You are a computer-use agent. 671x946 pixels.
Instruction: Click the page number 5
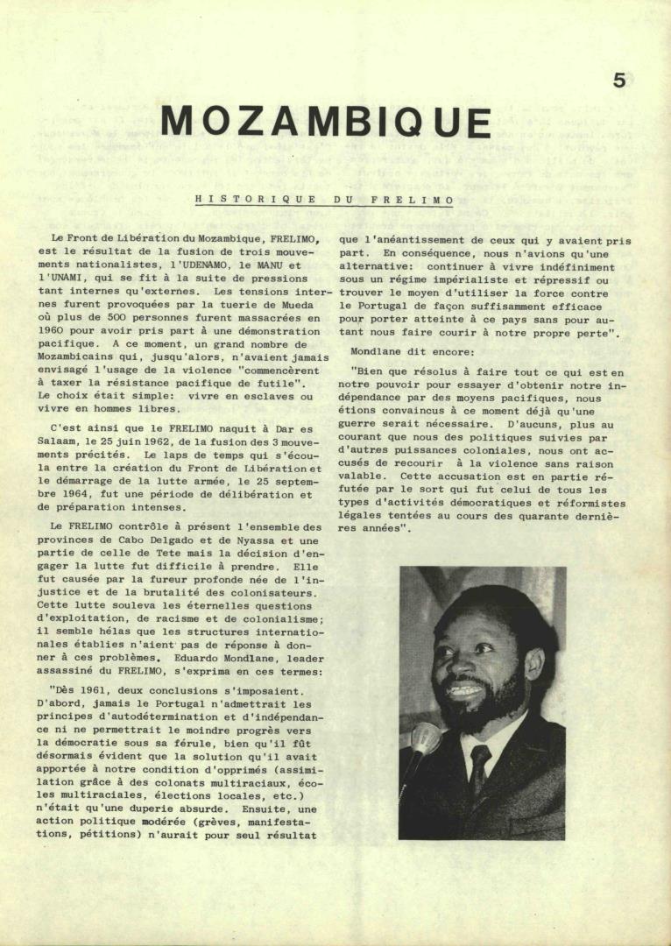619,80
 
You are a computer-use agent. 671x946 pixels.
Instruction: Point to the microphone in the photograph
425,737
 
